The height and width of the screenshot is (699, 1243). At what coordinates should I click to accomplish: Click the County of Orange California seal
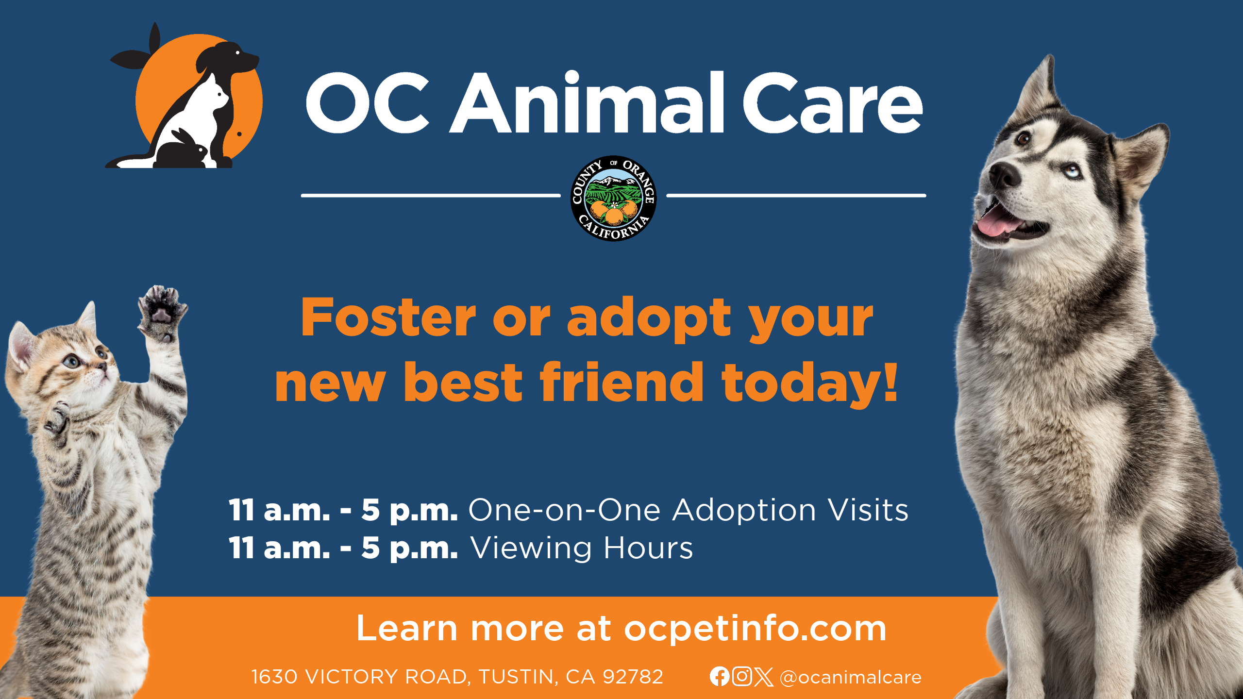click(614, 198)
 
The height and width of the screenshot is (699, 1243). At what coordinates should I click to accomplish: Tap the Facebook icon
click(719, 676)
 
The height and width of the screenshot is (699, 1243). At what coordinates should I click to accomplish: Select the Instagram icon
click(742, 676)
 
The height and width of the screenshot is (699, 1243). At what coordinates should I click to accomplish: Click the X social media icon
click(764, 677)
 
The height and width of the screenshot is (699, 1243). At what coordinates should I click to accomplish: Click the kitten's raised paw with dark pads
click(162, 312)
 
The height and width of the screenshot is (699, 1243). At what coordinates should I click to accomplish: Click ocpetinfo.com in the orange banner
click(756, 629)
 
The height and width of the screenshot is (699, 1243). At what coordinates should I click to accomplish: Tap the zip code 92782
click(633, 677)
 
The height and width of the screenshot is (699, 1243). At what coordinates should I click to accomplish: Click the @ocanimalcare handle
click(850, 677)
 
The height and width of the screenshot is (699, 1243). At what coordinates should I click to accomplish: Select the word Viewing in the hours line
click(531, 549)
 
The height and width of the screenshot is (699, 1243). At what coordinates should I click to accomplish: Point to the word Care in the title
click(832, 103)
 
